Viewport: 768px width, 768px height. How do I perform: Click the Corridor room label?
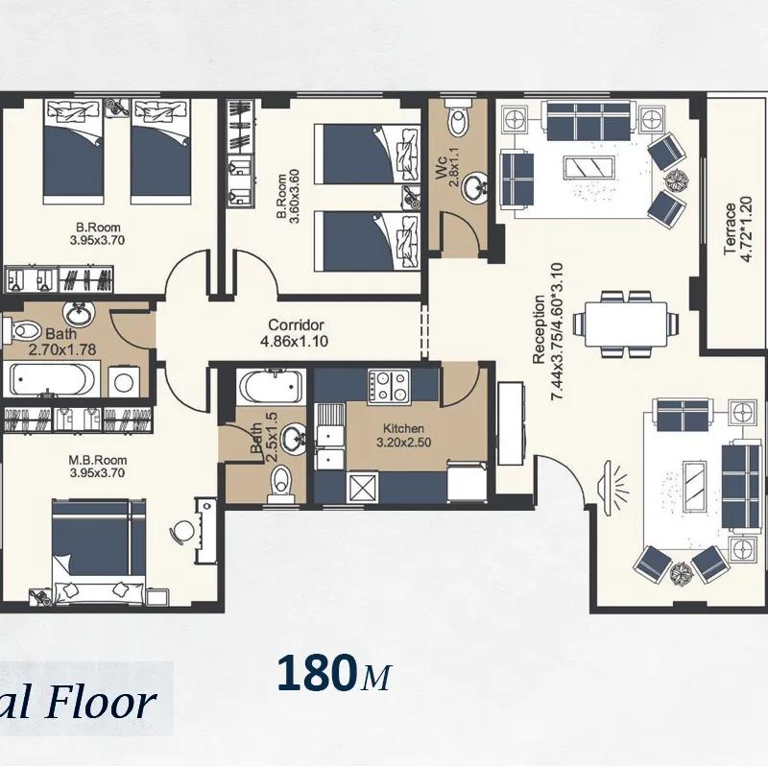click(297, 324)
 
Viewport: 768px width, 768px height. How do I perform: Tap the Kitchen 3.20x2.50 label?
click(403, 436)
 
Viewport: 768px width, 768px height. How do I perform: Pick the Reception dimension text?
click(557, 331)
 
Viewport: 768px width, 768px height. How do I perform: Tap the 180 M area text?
click(334, 673)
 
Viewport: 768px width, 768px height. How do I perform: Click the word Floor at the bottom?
click(101, 704)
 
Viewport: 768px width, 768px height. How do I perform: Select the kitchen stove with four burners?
click(389, 386)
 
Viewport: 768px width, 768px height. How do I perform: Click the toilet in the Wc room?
click(459, 117)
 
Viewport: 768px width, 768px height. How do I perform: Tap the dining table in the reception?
click(626, 324)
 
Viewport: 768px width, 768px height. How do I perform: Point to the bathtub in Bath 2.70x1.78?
click(53, 379)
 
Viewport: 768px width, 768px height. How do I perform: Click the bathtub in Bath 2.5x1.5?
click(271, 387)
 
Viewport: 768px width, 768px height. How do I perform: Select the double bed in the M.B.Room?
click(99, 551)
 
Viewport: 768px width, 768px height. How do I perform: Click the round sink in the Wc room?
click(473, 186)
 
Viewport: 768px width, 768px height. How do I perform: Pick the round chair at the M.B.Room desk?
click(182, 531)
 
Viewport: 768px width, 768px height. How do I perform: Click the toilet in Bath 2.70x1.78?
click(21, 330)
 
